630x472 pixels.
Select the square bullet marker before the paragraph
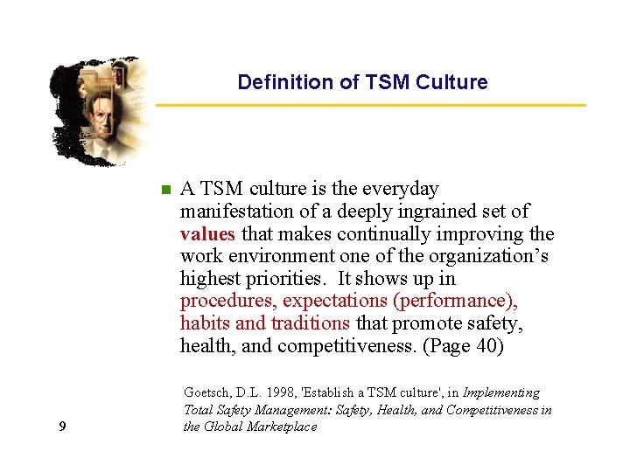(164, 189)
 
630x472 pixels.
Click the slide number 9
(61, 427)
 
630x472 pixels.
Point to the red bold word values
(207, 234)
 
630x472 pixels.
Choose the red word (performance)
(456, 302)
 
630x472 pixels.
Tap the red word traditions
(310, 323)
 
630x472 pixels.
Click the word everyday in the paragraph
(397, 189)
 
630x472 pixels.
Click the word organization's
(493, 257)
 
